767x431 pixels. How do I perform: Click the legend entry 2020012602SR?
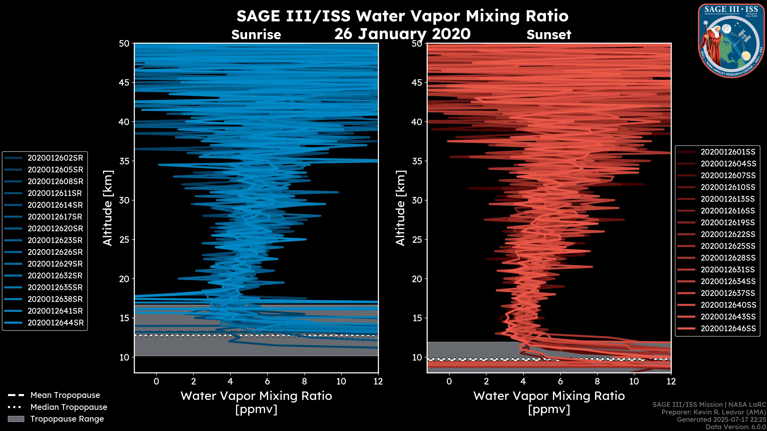(55, 158)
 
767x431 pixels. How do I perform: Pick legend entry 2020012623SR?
(55, 240)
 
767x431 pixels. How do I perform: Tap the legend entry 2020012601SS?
(728, 152)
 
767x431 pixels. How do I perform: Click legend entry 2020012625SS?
(728, 246)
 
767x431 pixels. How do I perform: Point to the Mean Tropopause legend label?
(65, 395)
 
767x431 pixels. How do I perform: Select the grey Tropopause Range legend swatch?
(16, 419)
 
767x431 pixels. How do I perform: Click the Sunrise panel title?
(256, 35)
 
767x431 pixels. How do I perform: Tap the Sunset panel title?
(549, 35)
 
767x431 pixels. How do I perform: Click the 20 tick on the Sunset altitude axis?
(417, 279)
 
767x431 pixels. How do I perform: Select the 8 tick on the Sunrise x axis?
(304, 381)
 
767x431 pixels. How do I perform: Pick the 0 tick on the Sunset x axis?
(449, 381)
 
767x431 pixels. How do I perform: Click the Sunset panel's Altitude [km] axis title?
(400, 208)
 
